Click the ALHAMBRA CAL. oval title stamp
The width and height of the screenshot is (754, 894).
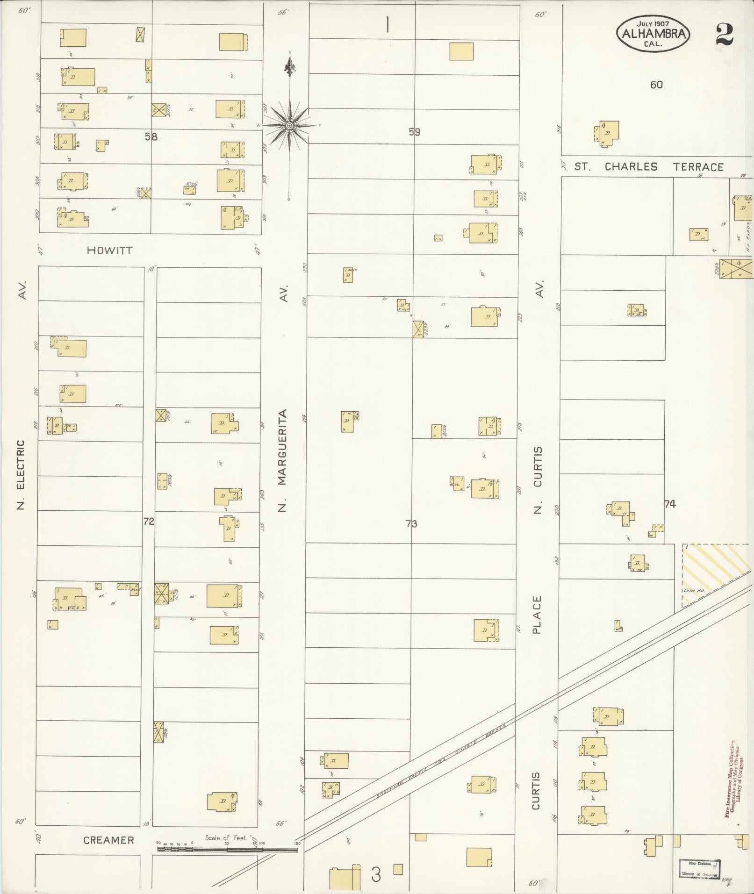click(653, 34)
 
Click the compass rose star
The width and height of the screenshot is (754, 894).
click(289, 125)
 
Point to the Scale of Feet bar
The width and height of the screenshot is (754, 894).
click(227, 850)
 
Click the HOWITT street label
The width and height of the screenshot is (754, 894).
click(109, 250)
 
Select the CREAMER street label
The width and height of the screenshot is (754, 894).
click(108, 840)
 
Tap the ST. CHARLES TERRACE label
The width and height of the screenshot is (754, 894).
click(649, 167)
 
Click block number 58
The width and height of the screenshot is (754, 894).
click(151, 137)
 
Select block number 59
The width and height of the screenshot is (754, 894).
click(414, 132)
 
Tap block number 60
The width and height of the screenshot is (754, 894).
click(656, 85)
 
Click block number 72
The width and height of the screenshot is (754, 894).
click(149, 522)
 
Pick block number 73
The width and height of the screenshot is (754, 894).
click(411, 524)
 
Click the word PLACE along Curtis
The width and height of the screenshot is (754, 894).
click(536, 615)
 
